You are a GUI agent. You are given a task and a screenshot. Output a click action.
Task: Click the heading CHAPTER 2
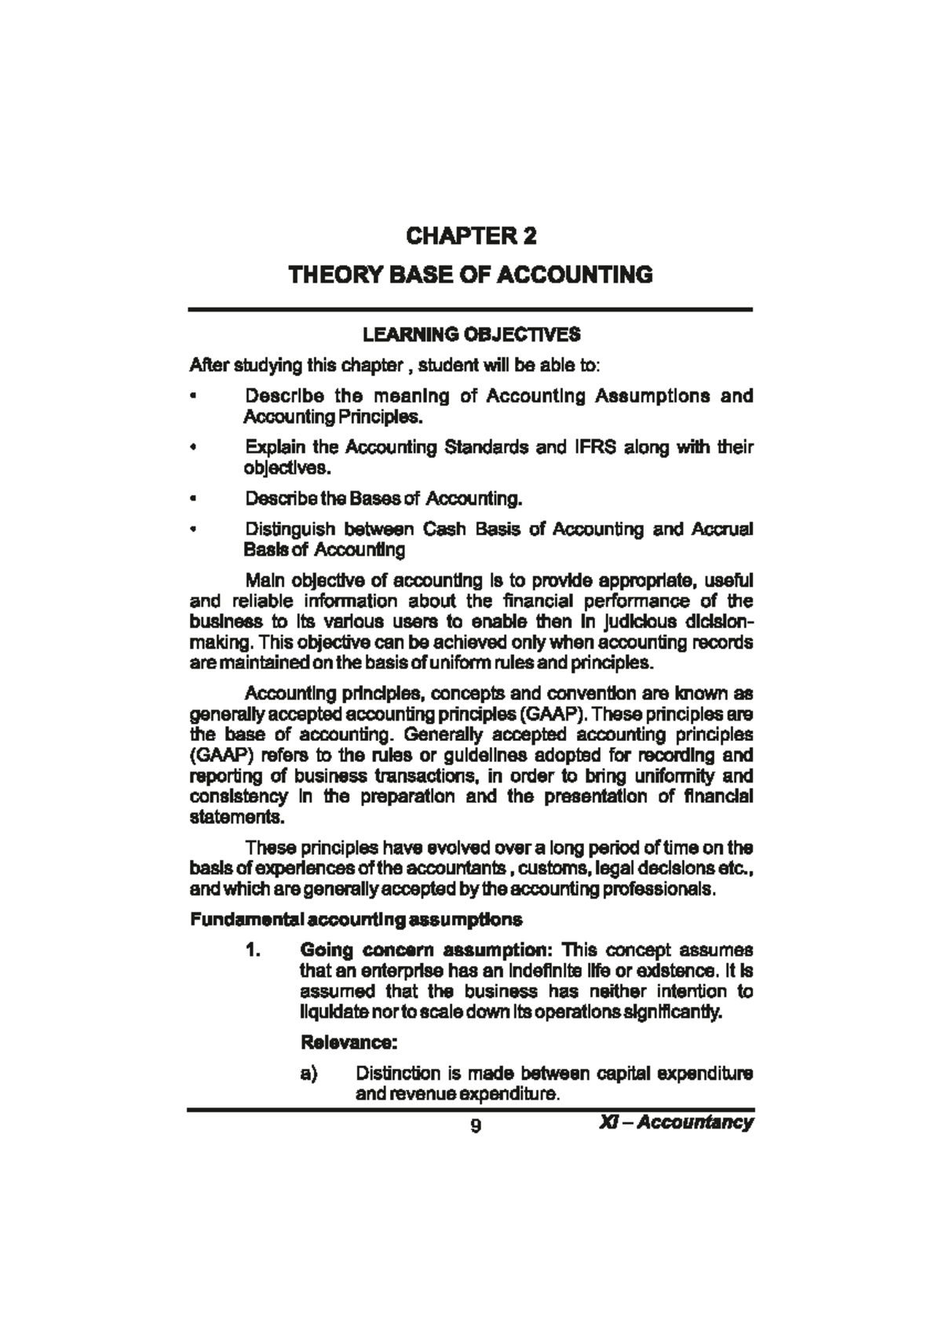pos(471,236)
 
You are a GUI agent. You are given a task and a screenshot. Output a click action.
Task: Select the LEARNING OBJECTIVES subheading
pos(471,335)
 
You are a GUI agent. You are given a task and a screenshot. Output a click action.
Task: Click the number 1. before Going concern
pos(253,950)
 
